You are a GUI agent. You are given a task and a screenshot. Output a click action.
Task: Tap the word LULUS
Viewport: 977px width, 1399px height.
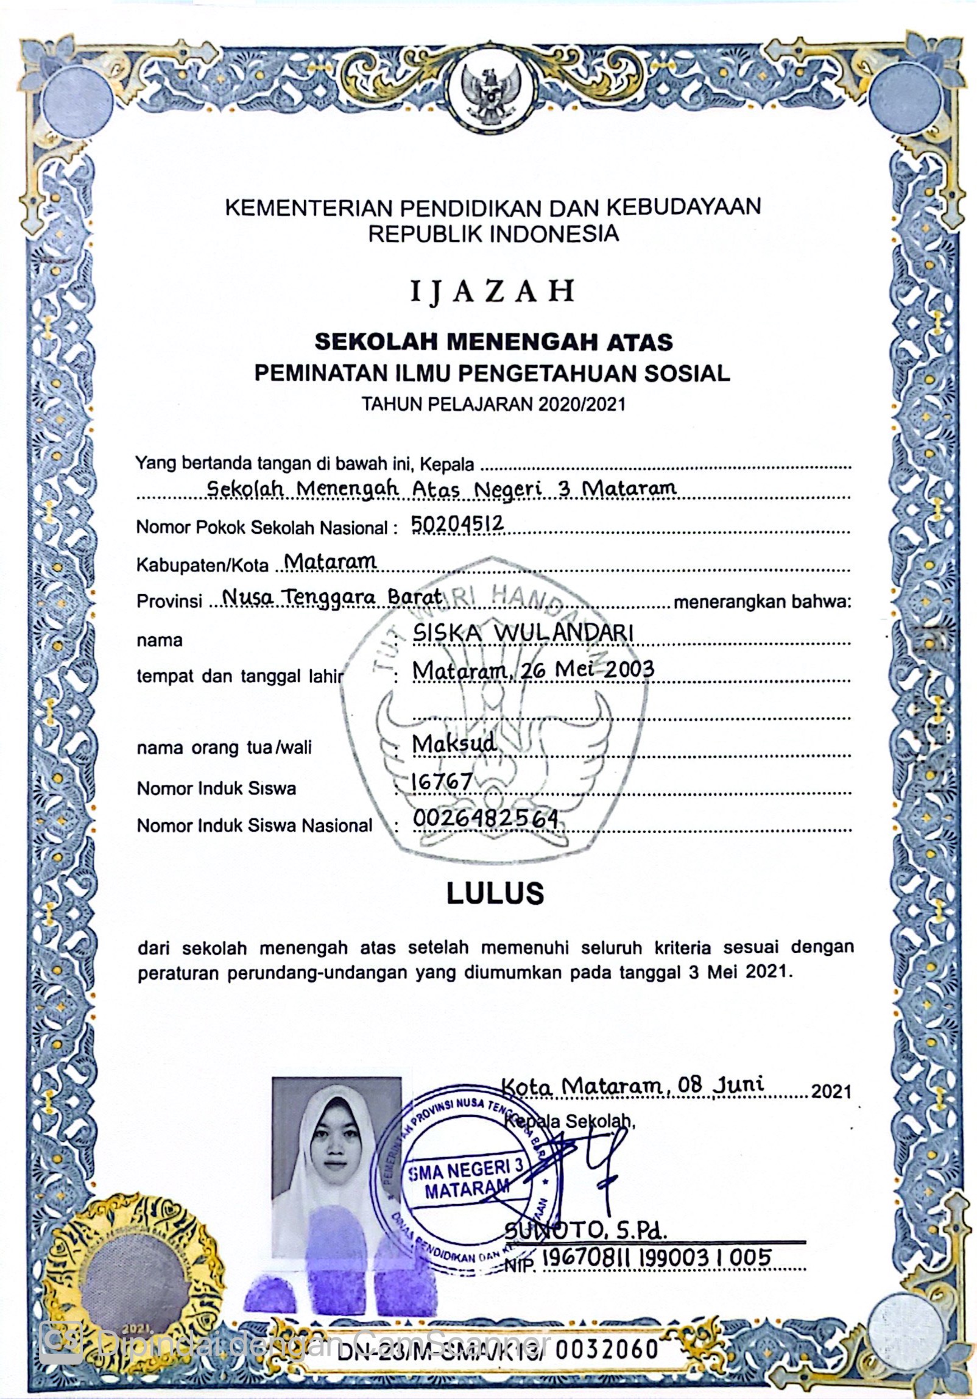tap(495, 893)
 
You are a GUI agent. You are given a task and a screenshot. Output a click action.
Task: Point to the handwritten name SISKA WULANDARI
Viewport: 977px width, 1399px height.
tap(523, 633)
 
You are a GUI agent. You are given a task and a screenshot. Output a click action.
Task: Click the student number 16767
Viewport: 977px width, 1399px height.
tap(442, 781)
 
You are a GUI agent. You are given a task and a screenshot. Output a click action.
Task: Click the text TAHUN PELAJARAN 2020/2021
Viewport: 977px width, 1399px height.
tap(493, 404)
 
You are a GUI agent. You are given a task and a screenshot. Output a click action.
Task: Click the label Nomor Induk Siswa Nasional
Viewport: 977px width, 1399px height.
tap(254, 826)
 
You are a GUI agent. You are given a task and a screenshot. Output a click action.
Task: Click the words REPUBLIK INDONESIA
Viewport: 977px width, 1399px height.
tap(493, 234)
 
